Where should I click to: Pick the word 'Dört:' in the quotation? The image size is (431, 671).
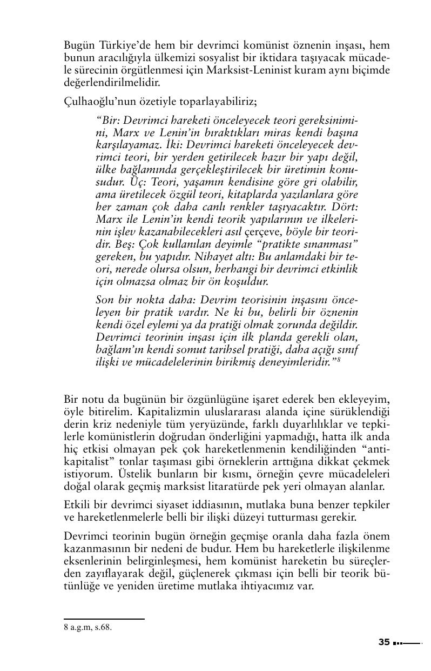pyautogui.click(x=344, y=207)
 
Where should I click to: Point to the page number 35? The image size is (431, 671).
pyautogui.click(x=384, y=642)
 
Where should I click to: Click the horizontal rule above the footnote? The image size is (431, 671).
pyautogui.click(x=104, y=619)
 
